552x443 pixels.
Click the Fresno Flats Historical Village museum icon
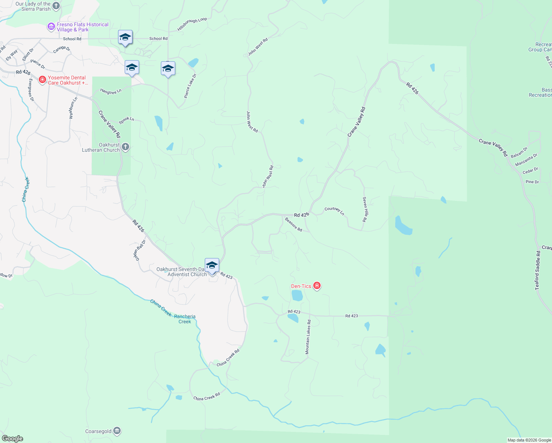(x=51, y=27)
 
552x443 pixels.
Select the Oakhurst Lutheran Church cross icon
(x=125, y=147)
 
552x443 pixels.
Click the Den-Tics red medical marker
(x=317, y=286)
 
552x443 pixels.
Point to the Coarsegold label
(x=98, y=431)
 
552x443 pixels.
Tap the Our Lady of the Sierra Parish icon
(x=56, y=6)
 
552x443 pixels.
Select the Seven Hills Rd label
(x=365, y=209)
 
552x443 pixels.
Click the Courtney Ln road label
(x=334, y=211)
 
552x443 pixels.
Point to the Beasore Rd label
(x=293, y=224)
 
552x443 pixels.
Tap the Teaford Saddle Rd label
(x=538, y=270)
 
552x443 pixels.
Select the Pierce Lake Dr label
(x=190, y=86)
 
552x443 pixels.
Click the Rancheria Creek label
(x=185, y=319)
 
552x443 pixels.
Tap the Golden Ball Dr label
(x=139, y=250)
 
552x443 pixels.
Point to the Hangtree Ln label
(x=111, y=92)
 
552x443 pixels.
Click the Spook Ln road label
(x=126, y=120)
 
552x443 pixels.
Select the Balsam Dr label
(x=519, y=152)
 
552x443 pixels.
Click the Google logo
(x=13, y=439)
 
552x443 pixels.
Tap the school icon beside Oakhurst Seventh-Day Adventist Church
(x=212, y=265)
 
